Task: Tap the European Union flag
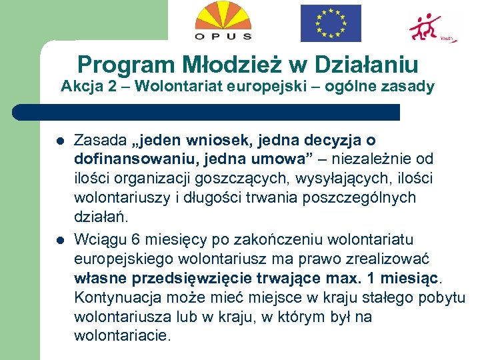(x=331, y=23)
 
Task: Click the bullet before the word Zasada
(x=59, y=141)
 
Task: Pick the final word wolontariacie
(x=122, y=335)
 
